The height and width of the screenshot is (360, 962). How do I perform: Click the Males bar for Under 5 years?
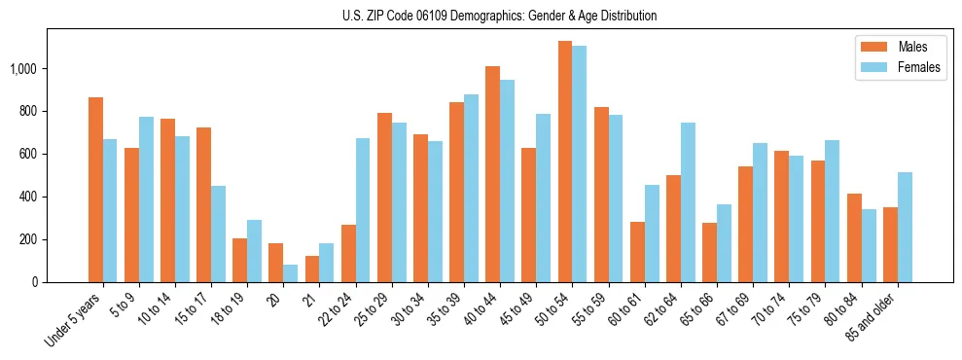point(95,190)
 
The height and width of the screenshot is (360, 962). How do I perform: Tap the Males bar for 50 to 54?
point(564,162)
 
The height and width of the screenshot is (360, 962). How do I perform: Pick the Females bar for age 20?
point(291,273)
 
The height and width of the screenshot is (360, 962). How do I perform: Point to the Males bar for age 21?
point(312,269)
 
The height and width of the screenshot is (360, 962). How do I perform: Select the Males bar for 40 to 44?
point(492,174)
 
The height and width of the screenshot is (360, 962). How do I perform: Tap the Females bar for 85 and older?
point(905,227)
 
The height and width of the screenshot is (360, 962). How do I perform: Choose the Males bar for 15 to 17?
point(203,204)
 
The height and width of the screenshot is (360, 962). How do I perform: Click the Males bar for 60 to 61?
point(637,252)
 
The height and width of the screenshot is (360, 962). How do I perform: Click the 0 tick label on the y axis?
point(34,282)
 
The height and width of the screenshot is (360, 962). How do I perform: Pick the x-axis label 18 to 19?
point(231,309)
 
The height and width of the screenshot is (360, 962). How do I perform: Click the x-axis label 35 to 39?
point(447,309)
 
